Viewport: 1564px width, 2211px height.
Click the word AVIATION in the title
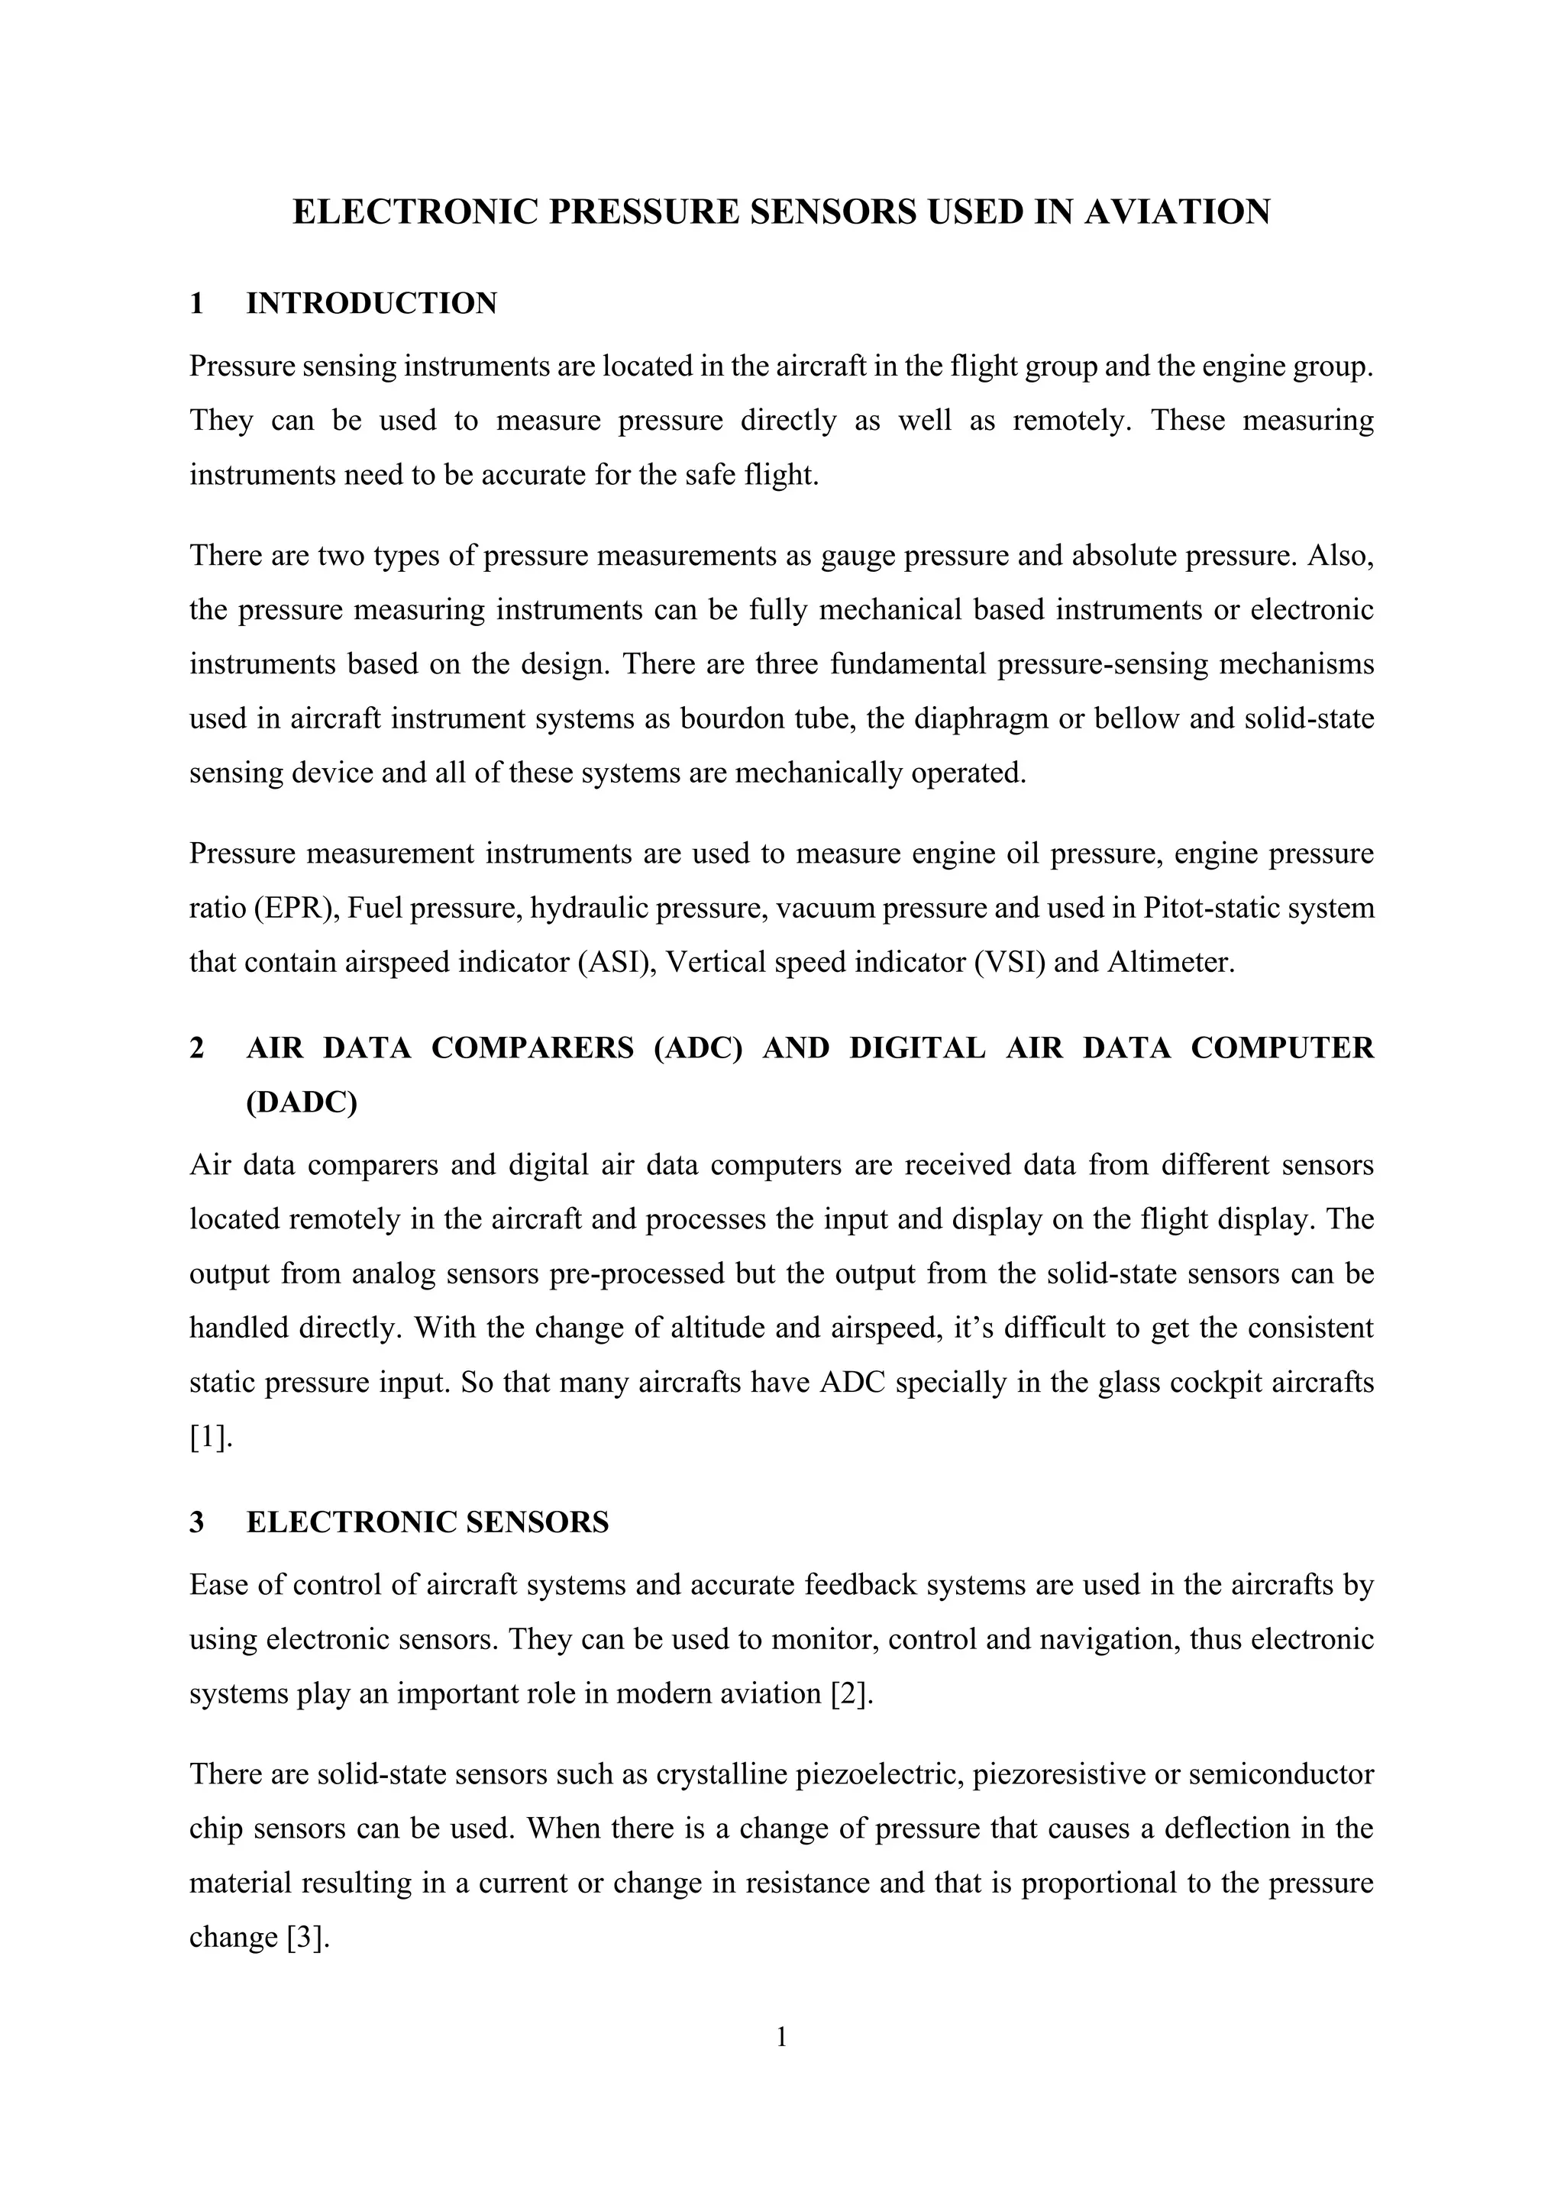(x=1177, y=213)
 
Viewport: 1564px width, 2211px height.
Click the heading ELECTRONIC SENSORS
(x=428, y=1522)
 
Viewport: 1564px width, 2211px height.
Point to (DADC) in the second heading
(x=302, y=1102)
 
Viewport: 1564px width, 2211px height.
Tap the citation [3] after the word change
(x=309, y=1937)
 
